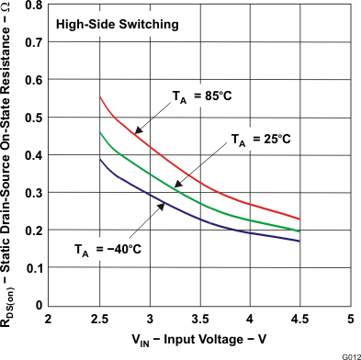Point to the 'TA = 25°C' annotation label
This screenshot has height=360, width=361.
coord(259,139)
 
